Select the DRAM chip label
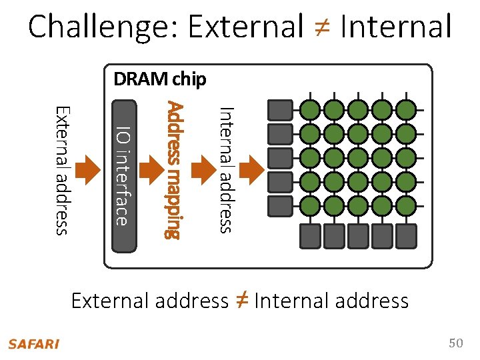point(160,79)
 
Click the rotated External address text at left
point(61,170)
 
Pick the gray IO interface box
point(123,175)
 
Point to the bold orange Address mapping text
point(174,170)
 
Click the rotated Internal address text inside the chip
point(226,170)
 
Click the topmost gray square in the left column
point(279,109)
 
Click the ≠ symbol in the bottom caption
point(241,300)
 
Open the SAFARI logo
point(33,344)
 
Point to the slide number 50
point(455,343)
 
